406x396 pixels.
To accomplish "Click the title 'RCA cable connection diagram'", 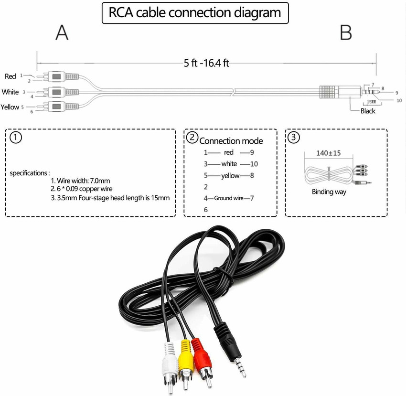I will [195, 13].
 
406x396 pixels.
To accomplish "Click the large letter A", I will [62, 33].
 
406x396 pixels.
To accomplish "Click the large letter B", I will [345, 33].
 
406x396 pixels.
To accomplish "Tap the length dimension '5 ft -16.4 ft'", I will [206, 63].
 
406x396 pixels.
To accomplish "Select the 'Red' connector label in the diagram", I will [10, 76].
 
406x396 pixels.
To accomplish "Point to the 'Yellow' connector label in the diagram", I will [10, 107].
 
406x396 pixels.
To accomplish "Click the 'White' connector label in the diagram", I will [10, 92].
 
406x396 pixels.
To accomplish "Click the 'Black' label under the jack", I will [368, 111].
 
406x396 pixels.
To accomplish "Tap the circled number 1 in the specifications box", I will [16, 138].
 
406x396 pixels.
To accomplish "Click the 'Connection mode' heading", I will [231, 141].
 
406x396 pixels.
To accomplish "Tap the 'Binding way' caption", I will [329, 192].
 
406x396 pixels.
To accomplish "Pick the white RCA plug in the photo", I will [170, 361].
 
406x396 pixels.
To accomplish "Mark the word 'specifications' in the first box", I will [29, 173].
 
